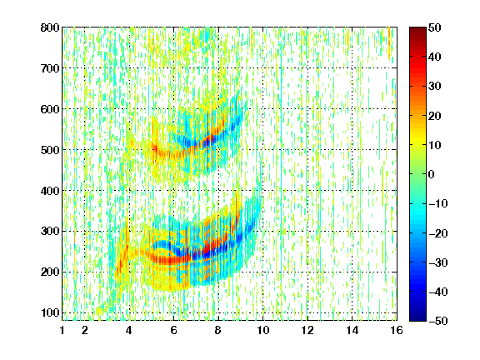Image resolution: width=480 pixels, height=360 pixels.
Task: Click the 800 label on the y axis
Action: (x=50, y=27)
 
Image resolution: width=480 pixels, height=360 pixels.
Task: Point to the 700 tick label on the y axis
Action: (x=50, y=68)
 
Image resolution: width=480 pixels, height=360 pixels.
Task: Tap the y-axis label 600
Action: (x=50, y=109)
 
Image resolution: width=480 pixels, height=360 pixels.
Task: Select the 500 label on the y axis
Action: (x=50, y=150)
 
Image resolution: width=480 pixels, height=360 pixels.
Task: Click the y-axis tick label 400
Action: (x=50, y=191)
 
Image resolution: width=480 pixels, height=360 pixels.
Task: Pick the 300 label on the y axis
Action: (x=50, y=231)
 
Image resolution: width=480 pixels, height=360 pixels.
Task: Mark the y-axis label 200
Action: (x=50, y=272)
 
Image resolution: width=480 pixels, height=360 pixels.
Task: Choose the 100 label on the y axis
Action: (x=50, y=312)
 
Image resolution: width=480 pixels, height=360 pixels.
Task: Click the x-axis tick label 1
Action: (x=62, y=330)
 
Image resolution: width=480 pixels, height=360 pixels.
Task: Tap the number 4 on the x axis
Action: (x=129, y=330)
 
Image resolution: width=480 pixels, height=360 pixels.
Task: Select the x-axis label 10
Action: (x=263, y=330)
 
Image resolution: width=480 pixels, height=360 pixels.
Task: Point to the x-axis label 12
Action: (x=307, y=330)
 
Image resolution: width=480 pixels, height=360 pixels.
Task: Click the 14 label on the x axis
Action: (x=352, y=330)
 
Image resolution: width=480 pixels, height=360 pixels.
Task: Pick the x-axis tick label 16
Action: (x=397, y=330)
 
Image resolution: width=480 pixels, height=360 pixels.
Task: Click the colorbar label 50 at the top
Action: (x=434, y=27)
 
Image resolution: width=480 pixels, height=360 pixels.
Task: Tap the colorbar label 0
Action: (x=432, y=174)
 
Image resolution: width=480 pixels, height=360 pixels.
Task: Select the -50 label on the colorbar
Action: (x=438, y=321)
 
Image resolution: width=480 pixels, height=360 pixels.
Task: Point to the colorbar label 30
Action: (x=434, y=87)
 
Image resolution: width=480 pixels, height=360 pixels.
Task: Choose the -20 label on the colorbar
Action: (x=438, y=233)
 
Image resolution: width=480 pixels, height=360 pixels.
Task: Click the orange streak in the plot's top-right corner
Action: (x=389, y=42)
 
